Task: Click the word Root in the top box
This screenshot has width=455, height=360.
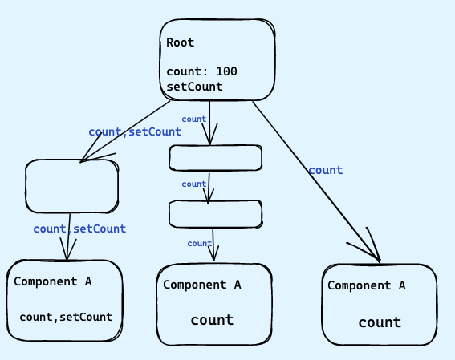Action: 181,42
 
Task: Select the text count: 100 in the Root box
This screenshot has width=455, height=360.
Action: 201,71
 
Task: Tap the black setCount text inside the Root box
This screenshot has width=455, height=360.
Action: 194,86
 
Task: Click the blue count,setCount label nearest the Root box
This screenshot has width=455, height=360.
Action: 134,131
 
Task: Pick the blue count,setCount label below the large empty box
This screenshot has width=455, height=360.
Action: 79,229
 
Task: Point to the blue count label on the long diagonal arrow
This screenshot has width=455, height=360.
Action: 325,170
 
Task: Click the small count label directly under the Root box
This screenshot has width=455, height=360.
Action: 194,119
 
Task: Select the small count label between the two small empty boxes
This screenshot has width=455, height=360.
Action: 194,184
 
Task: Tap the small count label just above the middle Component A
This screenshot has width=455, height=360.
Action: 199,244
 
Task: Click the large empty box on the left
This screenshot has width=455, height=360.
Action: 71,187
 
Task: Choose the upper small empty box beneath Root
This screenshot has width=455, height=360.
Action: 215,158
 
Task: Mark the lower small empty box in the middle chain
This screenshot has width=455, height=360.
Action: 215,214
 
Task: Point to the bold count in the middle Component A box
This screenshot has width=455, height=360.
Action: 212,320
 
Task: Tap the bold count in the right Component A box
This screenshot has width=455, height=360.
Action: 380,322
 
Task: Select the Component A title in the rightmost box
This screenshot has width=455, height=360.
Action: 366,285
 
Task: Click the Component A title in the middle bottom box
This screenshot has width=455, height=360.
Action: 202,285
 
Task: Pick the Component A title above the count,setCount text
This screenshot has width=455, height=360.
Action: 53,281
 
